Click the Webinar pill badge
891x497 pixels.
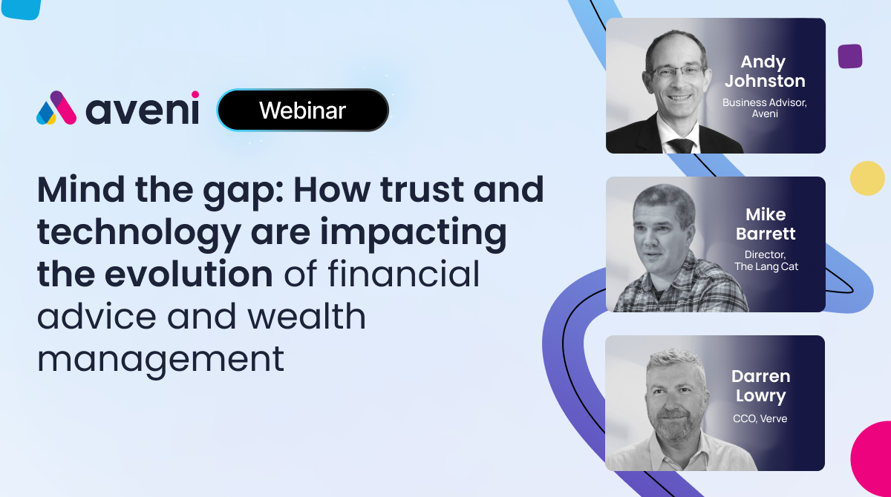(x=303, y=110)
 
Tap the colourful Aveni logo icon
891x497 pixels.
(x=56, y=108)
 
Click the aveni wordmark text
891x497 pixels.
(x=143, y=108)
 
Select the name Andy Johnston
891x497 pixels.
(x=765, y=71)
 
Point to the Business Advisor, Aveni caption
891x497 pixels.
(x=765, y=108)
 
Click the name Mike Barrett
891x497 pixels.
(x=766, y=224)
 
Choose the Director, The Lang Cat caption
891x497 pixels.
(x=766, y=260)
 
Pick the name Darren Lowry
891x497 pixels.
(x=760, y=386)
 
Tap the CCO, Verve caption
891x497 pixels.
(x=760, y=418)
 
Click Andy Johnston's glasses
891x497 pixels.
(x=677, y=72)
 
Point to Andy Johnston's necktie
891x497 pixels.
(x=682, y=145)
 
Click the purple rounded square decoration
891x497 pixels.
(x=850, y=56)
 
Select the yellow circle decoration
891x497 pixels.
(x=867, y=178)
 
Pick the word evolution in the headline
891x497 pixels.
(x=189, y=274)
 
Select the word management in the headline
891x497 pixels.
(x=160, y=361)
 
